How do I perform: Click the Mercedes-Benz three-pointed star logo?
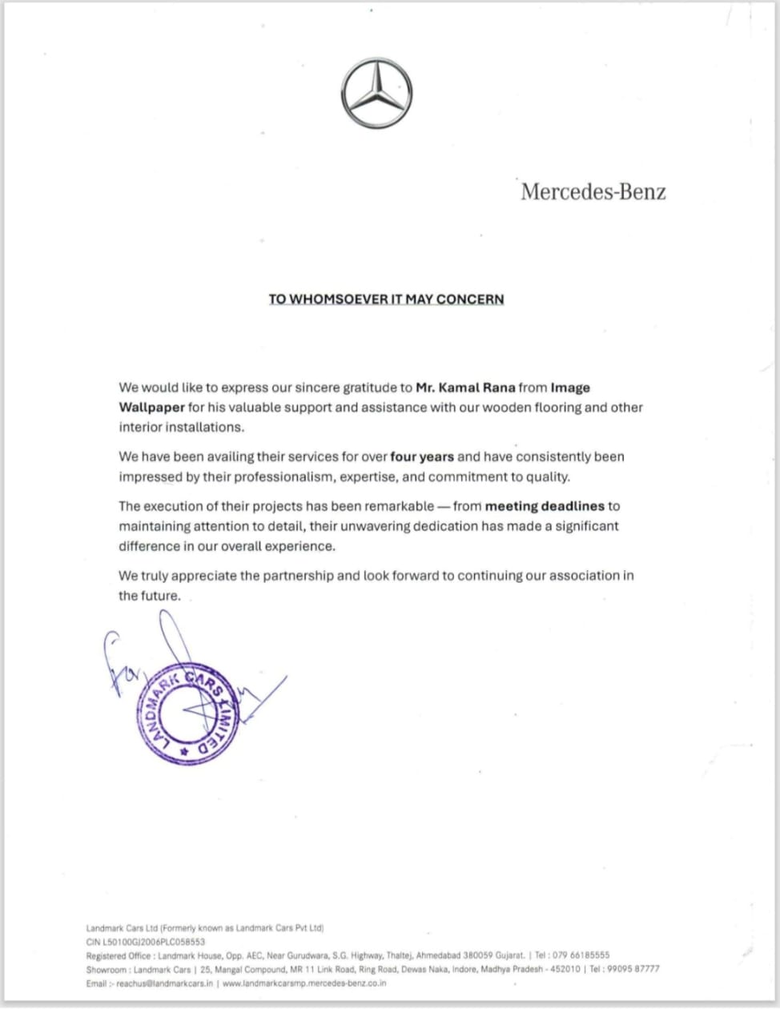coord(376,93)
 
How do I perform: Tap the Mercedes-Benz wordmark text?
coord(593,192)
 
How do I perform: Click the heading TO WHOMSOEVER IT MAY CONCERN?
coord(386,299)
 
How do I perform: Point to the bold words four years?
coord(422,457)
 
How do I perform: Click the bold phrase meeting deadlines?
coord(545,506)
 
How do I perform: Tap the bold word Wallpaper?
coord(151,408)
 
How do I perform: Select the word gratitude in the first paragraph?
coord(372,388)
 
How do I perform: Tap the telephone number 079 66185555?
coord(581,955)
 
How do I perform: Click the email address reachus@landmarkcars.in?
coord(165,983)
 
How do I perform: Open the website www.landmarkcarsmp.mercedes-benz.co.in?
coord(304,983)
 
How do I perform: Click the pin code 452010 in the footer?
coord(565,969)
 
